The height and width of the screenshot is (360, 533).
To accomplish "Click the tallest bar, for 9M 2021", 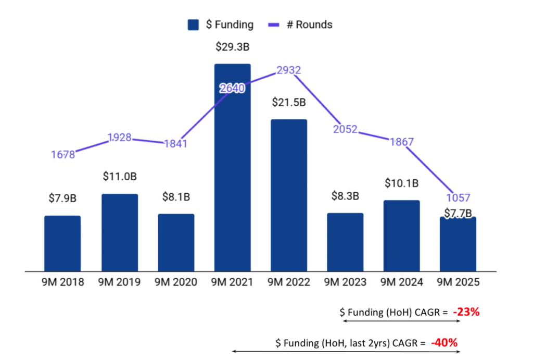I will [232, 167].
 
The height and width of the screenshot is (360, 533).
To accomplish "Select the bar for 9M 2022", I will [289, 195].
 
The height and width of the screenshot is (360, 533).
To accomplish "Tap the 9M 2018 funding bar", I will [62, 243].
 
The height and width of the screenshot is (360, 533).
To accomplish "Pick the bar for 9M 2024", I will [402, 235].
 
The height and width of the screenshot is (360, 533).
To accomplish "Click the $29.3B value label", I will [232, 47].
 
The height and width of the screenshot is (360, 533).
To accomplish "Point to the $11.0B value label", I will [120, 177].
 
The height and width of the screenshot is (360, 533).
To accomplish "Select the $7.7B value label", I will [458, 213].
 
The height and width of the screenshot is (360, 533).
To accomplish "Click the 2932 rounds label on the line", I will [289, 70].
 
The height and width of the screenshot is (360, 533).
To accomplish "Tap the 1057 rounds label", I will [458, 197].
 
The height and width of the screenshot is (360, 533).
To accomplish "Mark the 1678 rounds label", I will [63, 154].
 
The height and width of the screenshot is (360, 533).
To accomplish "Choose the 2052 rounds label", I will [345, 129].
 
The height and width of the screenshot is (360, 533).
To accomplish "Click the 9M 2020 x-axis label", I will [176, 282].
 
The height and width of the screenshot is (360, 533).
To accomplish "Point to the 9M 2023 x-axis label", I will [345, 282].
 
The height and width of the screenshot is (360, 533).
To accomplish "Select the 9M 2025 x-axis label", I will [458, 282].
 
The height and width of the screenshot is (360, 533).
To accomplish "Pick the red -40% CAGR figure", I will [444, 343].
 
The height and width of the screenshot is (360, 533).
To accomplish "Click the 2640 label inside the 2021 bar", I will [232, 89].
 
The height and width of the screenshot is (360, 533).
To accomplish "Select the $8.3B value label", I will [345, 196].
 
